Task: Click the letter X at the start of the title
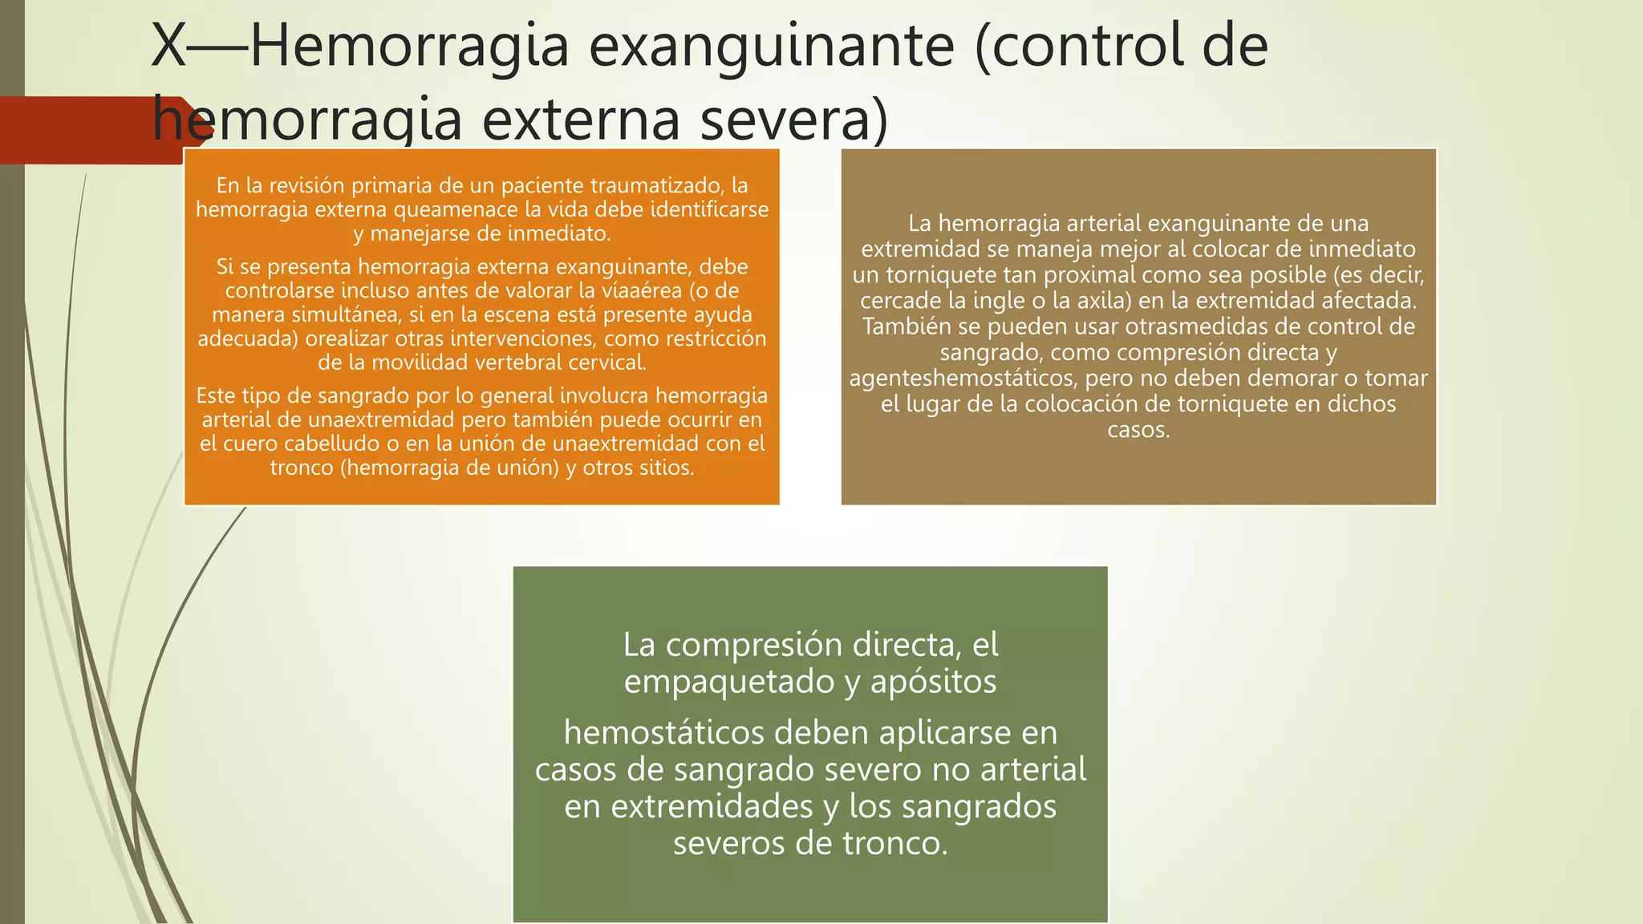click(168, 47)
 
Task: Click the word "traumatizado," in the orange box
click(657, 185)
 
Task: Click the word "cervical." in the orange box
click(607, 363)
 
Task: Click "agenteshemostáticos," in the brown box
click(963, 378)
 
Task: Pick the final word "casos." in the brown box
click(1138, 430)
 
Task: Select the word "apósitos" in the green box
click(933, 682)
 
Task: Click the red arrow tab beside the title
click(88, 130)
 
